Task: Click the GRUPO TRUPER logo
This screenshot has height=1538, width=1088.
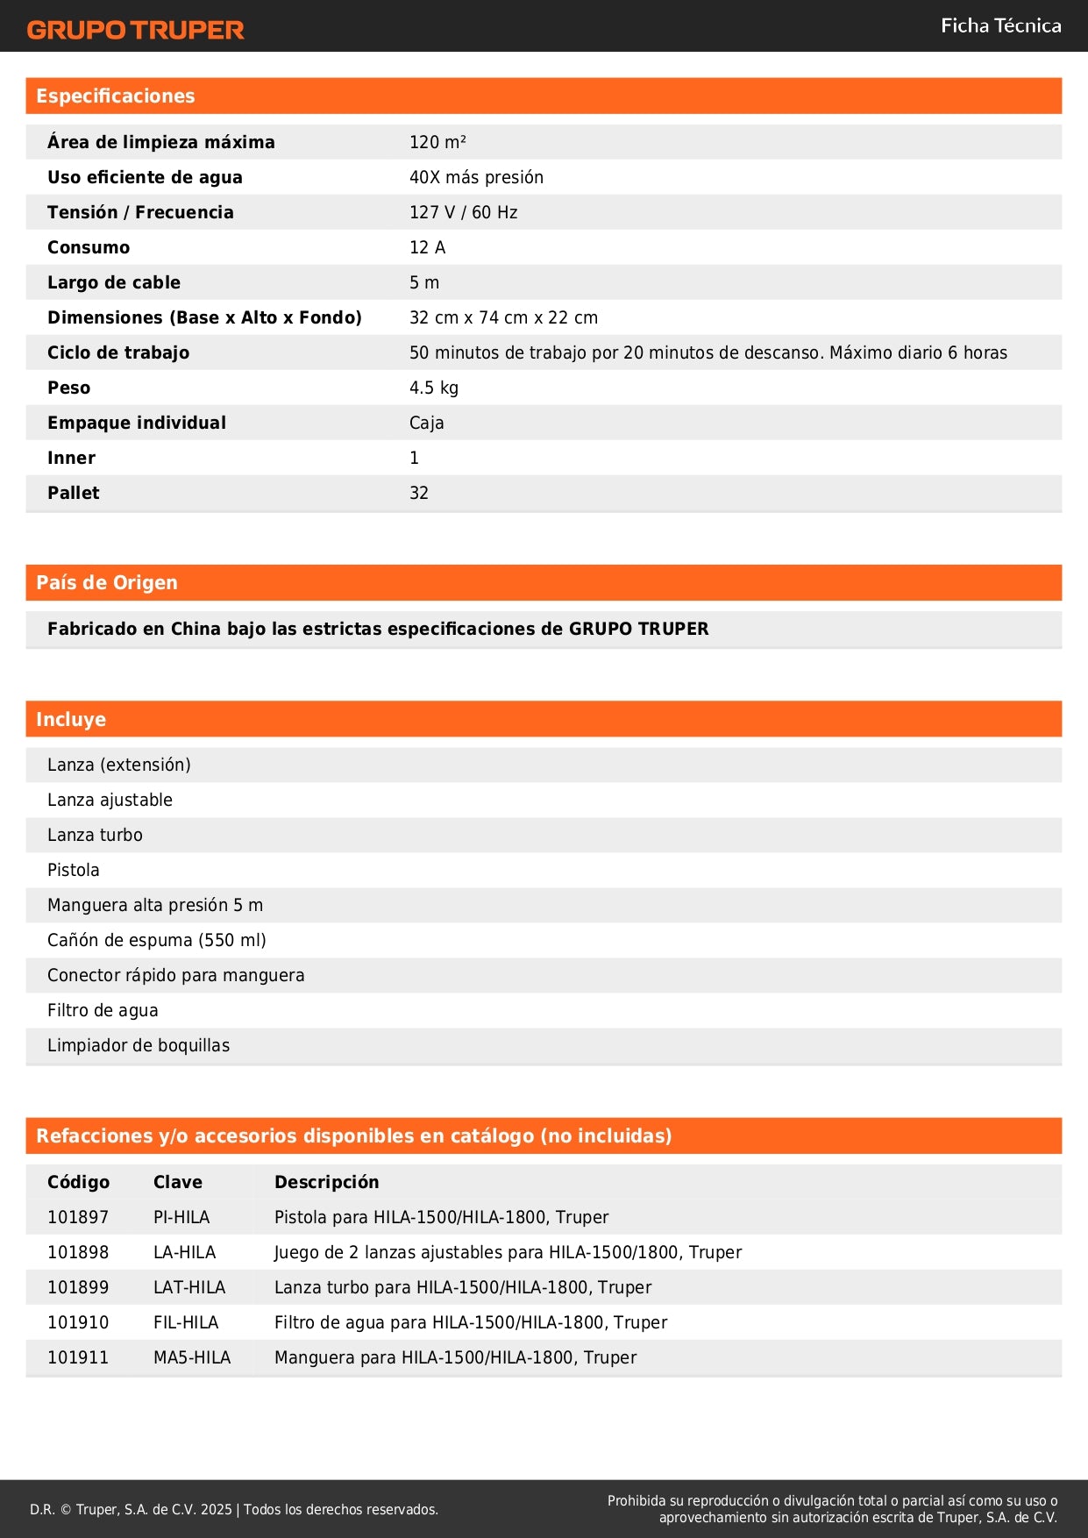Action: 135,30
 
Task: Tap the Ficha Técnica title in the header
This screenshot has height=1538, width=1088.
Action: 1000,26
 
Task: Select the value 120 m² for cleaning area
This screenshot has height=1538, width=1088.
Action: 437,142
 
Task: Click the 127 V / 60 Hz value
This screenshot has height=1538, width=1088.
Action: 463,212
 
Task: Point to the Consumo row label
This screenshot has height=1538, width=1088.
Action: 89,247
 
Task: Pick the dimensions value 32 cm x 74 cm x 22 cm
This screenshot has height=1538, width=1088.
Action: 503,317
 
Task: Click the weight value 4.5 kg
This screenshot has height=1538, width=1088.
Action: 433,388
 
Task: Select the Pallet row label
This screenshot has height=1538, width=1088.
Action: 74,493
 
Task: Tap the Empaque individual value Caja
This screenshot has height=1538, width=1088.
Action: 426,423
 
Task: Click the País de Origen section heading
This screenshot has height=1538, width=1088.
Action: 107,583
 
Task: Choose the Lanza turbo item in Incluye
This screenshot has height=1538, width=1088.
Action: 95,835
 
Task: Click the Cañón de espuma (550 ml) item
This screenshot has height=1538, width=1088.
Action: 157,940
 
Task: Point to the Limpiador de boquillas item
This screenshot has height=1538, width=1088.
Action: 139,1045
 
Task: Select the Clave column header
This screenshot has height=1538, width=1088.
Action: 178,1182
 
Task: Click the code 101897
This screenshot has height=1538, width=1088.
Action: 78,1217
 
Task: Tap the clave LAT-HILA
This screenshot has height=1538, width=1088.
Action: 189,1287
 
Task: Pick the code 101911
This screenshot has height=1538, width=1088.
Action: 78,1357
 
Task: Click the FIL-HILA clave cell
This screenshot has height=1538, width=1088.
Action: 186,1322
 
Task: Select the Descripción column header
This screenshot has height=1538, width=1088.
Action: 327,1182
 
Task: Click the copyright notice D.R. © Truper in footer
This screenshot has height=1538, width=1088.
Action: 234,1509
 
